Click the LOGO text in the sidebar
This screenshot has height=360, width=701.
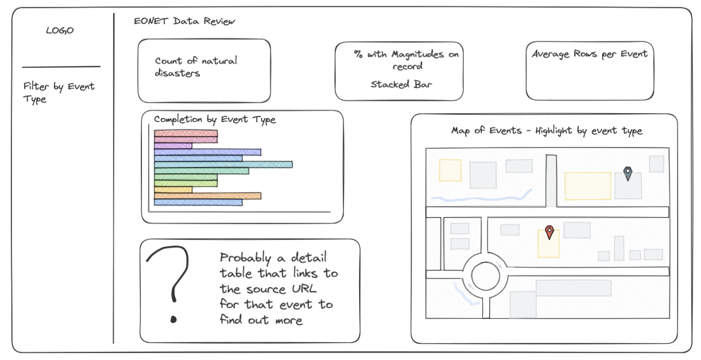click(x=60, y=31)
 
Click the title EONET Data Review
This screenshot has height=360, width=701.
click(x=184, y=21)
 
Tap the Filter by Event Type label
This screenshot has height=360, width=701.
click(x=58, y=92)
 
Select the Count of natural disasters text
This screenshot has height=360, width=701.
click(x=195, y=67)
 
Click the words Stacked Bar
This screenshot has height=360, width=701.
click(x=401, y=85)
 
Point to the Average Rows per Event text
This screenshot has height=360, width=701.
click(x=589, y=54)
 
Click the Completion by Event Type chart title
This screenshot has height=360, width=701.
click(x=215, y=119)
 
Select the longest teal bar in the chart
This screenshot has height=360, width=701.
click(x=223, y=164)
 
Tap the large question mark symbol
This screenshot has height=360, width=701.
click(x=170, y=282)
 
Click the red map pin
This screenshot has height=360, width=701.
click(x=549, y=232)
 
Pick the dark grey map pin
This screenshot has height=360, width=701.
click(x=628, y=173)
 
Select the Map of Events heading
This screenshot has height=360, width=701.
click(x=546, y=130)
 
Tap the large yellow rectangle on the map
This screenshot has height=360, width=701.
click(x=588, y=186)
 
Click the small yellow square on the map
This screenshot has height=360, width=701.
click(x=450, y=170)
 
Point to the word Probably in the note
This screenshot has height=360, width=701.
click(x=245, y=258)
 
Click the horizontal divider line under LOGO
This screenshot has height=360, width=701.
click(x=61, y=67)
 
